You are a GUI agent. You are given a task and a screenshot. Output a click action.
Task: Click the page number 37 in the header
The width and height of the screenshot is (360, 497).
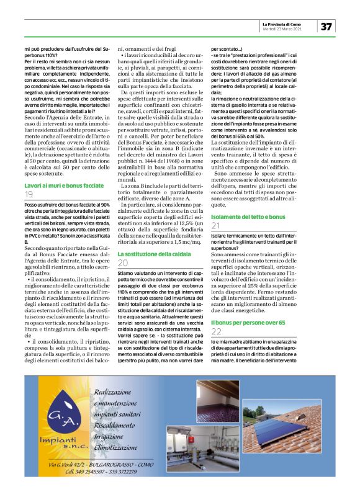[326, 26]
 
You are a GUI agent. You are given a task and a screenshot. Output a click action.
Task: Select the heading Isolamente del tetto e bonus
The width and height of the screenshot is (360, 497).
[248, 217]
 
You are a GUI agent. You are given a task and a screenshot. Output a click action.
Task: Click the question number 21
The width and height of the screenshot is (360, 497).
[216, 226]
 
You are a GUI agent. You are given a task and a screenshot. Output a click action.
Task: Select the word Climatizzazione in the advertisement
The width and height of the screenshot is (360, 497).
[125, 445]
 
